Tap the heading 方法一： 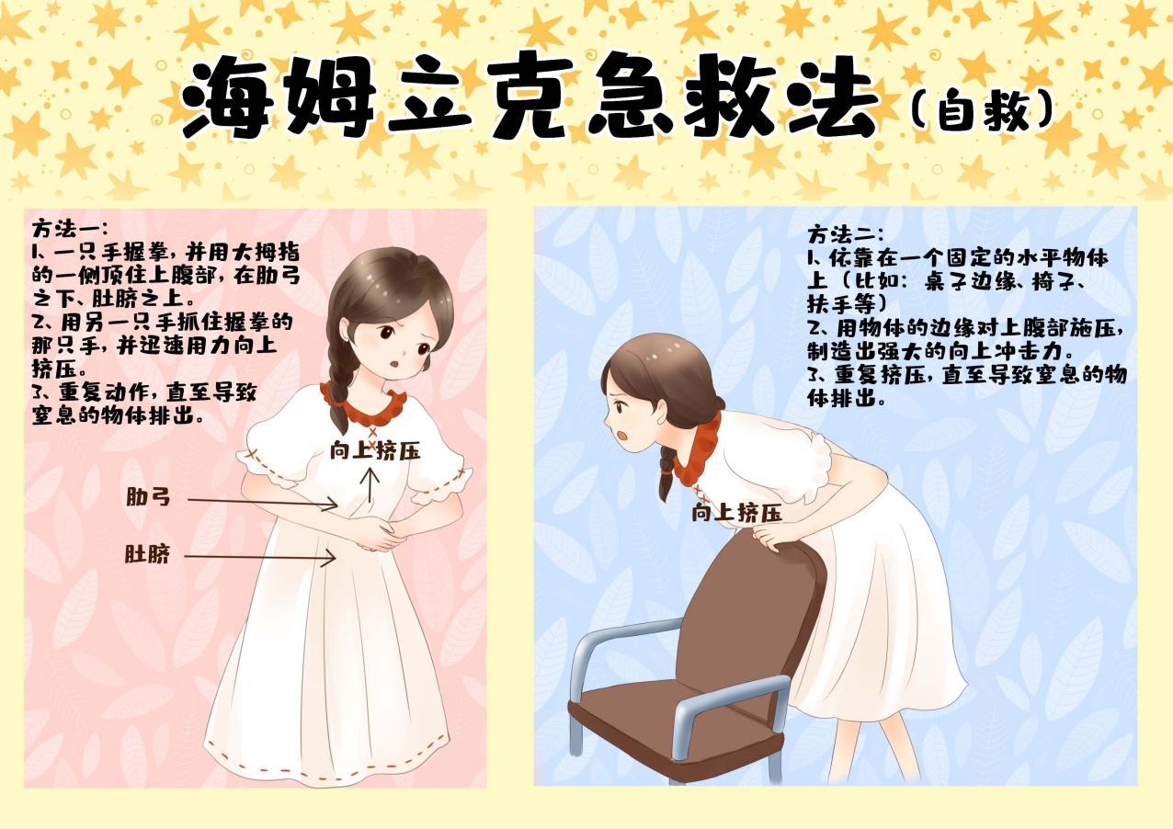pyautogui.click(x=70, y=229)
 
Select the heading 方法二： pyautogui.click(x=845, y=234)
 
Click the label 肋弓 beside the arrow pyautogui.click(x=148, y=496)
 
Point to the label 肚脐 pyautogui.click(x=147, y=553)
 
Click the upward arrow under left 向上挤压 pyautogui.click(x=371, y=485)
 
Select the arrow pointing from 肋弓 pyautogui.click(x=263, y=503)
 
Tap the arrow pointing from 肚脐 pyautogui.click(x=260, y=557)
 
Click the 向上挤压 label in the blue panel pyautogui.click(x=736, y=512)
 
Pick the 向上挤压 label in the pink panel pyautogui.click(x=375, y=451)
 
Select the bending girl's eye pyautogui.click(x=620, y=406)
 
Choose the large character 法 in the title pyautogui.click(x=833, y=99)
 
